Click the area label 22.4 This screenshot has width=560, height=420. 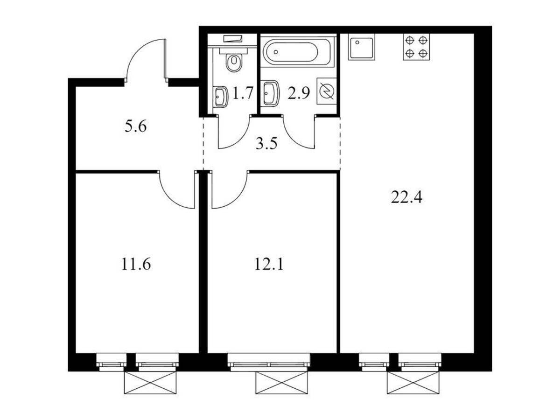click(406, 197)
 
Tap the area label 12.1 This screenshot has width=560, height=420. click(269, 264)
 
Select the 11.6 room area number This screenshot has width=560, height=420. click(136, 264)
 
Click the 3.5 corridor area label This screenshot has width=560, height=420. click(266, 144)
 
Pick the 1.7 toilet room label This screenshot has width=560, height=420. click(242, 93)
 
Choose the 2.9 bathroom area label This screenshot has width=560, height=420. click(299, 93)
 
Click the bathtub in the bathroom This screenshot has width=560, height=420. click(297, 52)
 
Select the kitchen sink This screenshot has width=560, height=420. click(362, 47)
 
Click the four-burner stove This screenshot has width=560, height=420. click(416, 47)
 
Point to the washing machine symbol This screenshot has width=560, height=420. click(326, 91)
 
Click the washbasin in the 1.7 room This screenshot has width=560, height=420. click(221, 97)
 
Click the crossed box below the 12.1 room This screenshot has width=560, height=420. click(282, 383)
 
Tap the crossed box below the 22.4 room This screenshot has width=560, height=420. click(413, 383)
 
